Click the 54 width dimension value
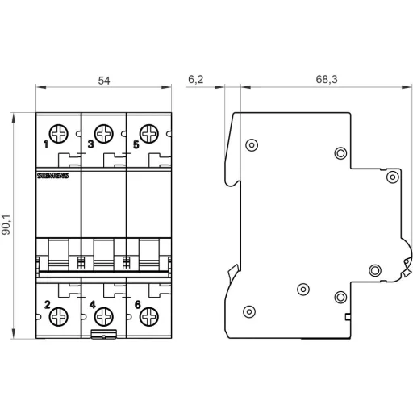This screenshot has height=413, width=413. tap(103, 81)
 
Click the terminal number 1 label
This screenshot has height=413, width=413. tap(46, 146)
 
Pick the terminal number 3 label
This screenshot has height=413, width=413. tap(90, 146)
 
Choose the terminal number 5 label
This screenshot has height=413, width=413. tap(135, 146)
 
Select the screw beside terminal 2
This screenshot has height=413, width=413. tap(59, 317)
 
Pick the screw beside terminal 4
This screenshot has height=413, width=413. tap(103, 317)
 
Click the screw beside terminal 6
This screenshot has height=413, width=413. tap(148, 317)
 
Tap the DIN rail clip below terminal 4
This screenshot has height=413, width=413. tap(103, 334)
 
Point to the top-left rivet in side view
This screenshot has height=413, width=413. tap(252, 145)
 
